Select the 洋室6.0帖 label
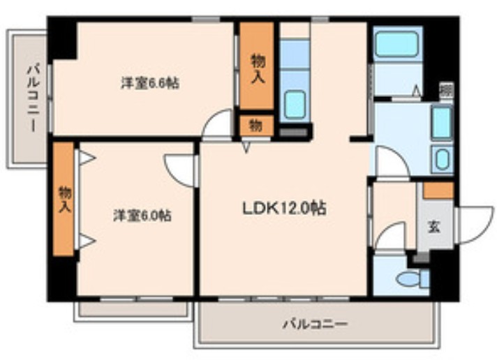143,216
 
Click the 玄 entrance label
433,226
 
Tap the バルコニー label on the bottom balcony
315,324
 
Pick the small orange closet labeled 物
256,126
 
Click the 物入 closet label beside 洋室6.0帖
64,199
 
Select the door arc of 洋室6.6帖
218,125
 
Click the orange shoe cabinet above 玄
438,190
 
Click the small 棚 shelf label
445,90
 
